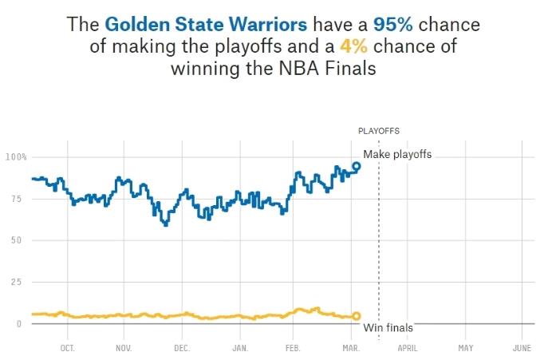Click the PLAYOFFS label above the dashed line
point(379,130)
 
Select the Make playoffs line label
point(397,154)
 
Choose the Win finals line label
point(388,327)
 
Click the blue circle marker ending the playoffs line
point(357,166)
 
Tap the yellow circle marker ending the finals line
point(357,316)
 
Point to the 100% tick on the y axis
point(16,156)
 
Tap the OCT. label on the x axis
point(67,349)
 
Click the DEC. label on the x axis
point(182,349)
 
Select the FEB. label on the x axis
point(293,349)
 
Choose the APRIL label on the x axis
point(408,349)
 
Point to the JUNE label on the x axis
point(522,349)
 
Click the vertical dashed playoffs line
point(379,239)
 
